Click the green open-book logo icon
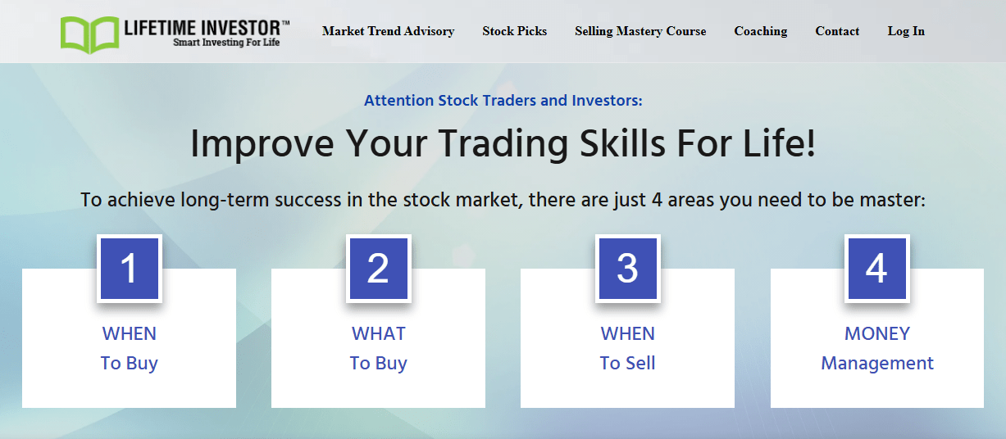[x=90, y=34]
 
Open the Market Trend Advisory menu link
[x=388, y=31]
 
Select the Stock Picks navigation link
[x=515, y=31]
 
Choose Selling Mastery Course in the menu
[x=640, y=31]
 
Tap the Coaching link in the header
[x=761, y=31]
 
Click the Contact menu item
[x=837, y=31]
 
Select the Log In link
[x=906, y=31]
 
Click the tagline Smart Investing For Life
[x=226, y=42]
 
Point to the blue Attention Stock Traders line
[x=503, y=101]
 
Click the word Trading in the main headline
[x=503, y=144]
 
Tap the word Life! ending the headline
[x=779, y=143]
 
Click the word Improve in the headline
[x=262, y=144]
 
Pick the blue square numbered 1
[x=130, y=268]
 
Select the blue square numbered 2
[x=379, y=268]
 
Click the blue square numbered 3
[x=628, y=268]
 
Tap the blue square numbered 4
[x=877, y=268]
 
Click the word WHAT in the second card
[x=379, y=333]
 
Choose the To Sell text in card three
[x=628, y=363]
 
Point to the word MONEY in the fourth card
[x=877, y=333]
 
